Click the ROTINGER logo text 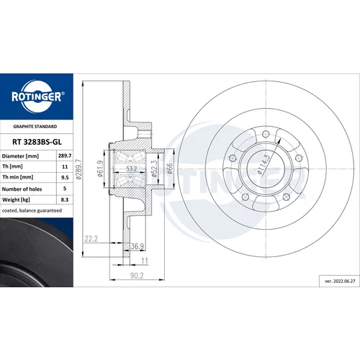click(37, 96)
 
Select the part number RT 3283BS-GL click(37, 142)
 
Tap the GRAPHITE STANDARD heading click(35, 127)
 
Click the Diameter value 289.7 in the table click(65, 156)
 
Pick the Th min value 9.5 click(65, 177)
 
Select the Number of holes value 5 click(65, 189)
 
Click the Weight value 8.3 click(65, 199)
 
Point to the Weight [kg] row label click(16, 200)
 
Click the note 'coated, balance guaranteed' click(32, 210)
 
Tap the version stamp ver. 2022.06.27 click(340, 281)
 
